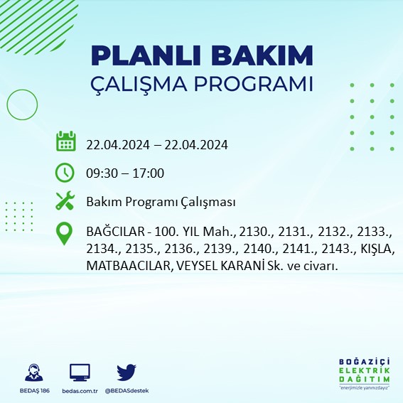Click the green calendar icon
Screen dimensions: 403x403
point(65,141)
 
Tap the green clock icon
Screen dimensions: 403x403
point(65,172)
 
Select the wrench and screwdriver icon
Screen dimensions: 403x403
point(65,202)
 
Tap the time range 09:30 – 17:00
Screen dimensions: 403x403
point(125,173)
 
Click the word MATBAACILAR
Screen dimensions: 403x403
point(124,266)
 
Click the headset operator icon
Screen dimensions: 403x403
point(32,373)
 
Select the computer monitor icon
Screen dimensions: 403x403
point(80,373)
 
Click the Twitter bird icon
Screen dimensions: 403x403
point(127,372)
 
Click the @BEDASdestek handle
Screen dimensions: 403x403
point(127,391)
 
